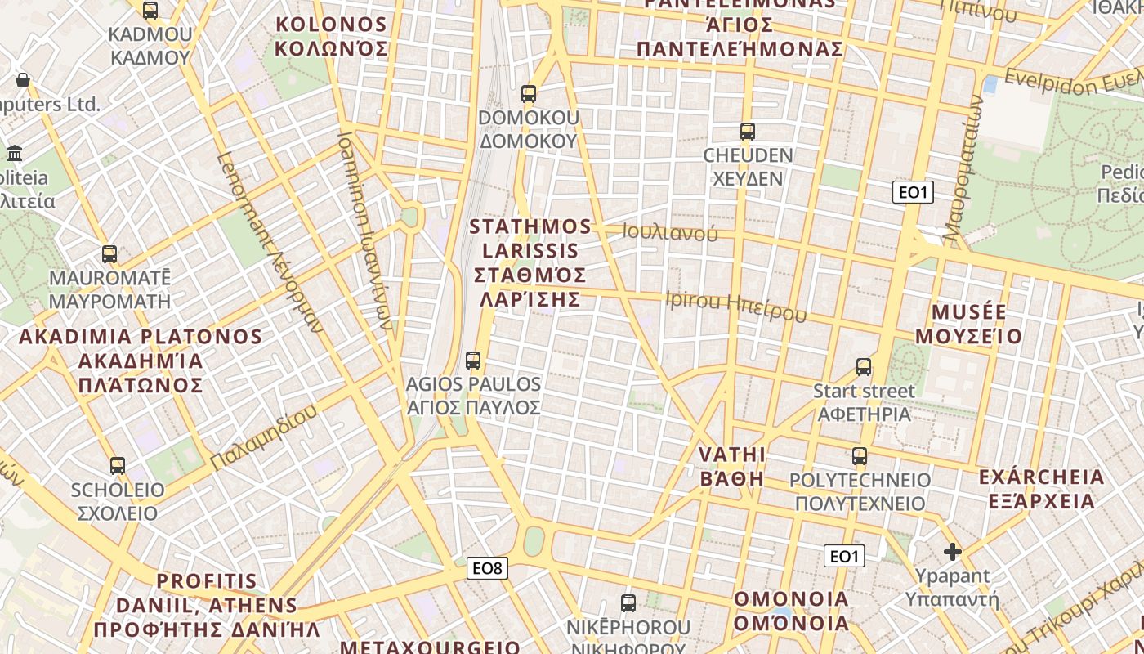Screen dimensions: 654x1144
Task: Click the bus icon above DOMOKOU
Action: pyautogui.click(x=529, y=94)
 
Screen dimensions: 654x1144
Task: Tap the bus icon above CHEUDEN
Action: pyautogui.click(x=747, y=131)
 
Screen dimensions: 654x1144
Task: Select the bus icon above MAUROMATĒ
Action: pyautogui.click(x=109, y=254)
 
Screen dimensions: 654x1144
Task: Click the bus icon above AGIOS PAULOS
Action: pyautogui.click(x=472, y=360)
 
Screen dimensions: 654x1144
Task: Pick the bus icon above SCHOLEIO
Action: pyautogui.click(x=118, y=466)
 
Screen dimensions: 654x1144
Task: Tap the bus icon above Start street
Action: pyautogui.click(x=864, y=367)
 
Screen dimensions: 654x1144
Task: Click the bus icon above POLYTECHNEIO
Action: pyautogui.click(x=860, y=456)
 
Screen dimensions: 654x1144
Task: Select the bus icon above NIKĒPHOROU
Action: pyautogui.click(x=628, y=604)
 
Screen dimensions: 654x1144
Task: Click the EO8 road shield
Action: pyautogui.click(x=487, y=568)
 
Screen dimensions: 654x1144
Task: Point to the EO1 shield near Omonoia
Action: pyautogui.click(x=845, y=557)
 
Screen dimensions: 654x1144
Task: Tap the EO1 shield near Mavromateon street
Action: pyautogui.click(x=913, y=193)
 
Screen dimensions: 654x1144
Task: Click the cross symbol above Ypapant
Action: pyautogui.click(x=952, y=552)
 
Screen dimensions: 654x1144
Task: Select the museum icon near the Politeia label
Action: pyautogui.click(x=15, y=153)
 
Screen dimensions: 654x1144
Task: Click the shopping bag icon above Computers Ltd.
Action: pyautogui.click(x=23, y=80)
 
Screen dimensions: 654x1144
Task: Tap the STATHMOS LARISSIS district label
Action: pyautogui.click(x=530, y=262)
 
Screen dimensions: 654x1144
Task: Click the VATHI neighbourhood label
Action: pyautogui.click(x=732, y=466)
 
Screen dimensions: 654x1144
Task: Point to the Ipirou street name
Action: pyautogui.click(x=735, y=307)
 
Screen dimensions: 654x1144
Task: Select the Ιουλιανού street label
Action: pyautogui.click(x=670, y=233)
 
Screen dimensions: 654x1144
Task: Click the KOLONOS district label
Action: pyautogui.click(x=331, y=36)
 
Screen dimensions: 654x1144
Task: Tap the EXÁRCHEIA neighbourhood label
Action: pyautogui.click(x=1041, y=488)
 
